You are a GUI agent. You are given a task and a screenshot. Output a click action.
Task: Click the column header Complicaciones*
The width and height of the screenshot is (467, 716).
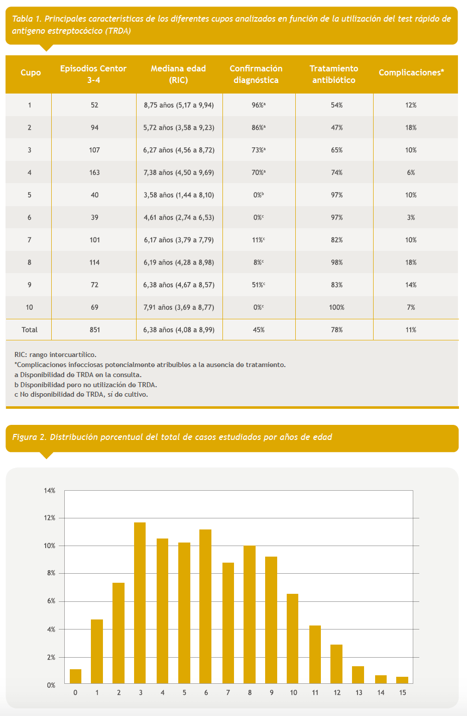(x=411, y=73)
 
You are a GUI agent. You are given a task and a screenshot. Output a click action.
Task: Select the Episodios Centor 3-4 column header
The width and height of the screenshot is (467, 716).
(x=93, y=74)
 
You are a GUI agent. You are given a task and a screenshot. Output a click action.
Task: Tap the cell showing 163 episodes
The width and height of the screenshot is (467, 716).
(x=94, y=172)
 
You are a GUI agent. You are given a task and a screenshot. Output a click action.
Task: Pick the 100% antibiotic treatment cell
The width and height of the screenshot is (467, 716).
(x=336, y=307)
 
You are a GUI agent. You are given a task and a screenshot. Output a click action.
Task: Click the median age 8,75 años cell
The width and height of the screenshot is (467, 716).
(x=179, y=105)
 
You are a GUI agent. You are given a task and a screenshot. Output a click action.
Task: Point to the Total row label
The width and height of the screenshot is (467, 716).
(x=30, y=330)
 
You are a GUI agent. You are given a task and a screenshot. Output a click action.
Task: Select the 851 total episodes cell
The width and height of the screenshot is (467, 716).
(x=94, y=330)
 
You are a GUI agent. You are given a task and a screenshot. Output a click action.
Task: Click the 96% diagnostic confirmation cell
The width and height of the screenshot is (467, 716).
(x=259, y=105)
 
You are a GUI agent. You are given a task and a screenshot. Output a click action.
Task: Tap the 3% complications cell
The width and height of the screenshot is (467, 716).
(x=411, y=217)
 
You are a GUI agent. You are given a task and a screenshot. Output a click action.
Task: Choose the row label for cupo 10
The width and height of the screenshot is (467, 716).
(x=30, y=307)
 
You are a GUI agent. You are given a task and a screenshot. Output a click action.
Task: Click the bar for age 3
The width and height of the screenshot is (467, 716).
(x=140, y=603)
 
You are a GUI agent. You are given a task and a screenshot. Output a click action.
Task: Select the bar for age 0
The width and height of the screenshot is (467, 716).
(x=75, y=677)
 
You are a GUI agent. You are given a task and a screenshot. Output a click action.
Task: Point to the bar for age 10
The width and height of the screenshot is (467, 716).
(x=293, y=639)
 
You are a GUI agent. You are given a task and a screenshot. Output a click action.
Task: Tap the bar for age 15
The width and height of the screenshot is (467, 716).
(x=402, y=680)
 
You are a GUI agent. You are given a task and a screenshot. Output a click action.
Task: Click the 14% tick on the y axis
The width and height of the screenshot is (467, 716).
(x=50, y=490)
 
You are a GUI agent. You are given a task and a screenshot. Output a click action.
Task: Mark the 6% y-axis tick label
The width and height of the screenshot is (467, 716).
(x=51, y=601)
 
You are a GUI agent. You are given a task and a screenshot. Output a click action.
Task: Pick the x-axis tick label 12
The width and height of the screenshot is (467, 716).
(x=337, y=692)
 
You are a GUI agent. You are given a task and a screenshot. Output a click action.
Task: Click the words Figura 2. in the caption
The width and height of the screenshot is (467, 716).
(x=29, y=437)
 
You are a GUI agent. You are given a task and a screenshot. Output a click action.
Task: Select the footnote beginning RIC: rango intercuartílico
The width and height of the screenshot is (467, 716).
(x=55, y=354)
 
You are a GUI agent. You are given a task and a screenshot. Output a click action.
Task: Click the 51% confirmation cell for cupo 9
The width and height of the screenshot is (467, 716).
(x=259, y=285)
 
